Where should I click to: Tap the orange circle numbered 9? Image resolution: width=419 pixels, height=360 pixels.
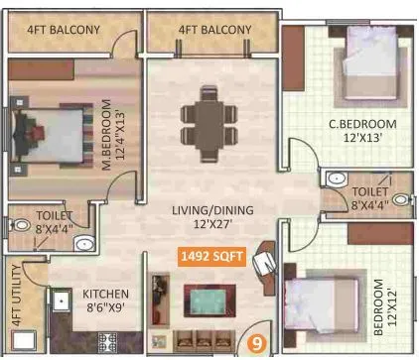click(257, 344)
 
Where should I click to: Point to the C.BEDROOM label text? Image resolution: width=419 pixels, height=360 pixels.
click(362, 124)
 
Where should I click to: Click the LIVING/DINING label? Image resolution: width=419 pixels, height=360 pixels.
click(211, 209)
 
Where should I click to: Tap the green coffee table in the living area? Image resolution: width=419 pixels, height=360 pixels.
click(211, 300)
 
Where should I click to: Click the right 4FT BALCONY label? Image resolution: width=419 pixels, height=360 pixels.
click(214, 30)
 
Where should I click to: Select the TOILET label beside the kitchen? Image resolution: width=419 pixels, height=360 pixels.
click(54, 215)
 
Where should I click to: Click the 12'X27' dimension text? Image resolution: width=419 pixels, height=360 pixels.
click(211, 224)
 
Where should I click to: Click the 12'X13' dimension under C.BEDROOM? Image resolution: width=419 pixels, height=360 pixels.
click(362, 138)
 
